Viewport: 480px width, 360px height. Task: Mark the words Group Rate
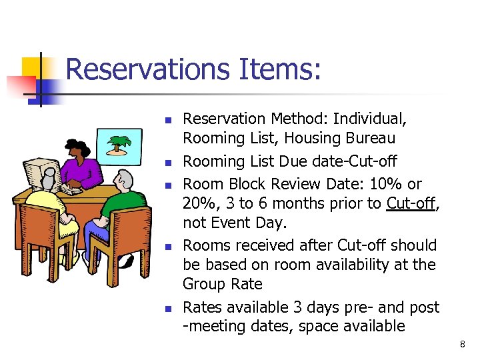pyautogui.click(x=222, y=284)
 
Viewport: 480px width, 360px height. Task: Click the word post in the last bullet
pyautogui.click(x=425, y=307)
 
